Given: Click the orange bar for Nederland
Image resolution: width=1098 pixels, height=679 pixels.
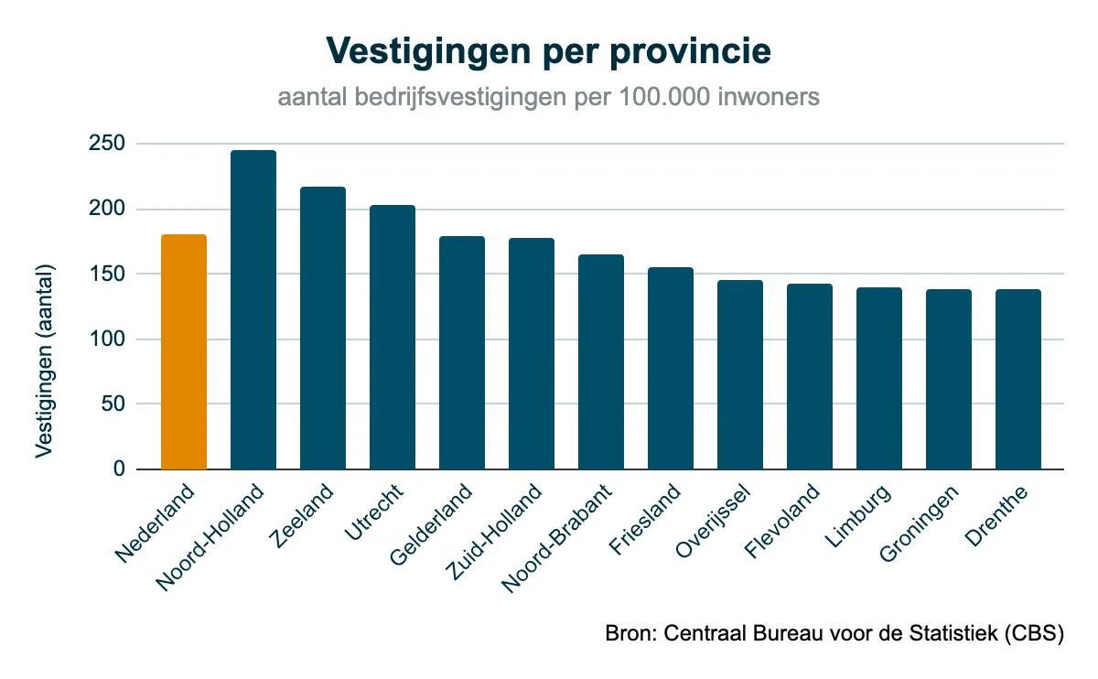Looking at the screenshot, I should tap(184, 352).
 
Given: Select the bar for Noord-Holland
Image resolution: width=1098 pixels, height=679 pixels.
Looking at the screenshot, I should tap(253, 310).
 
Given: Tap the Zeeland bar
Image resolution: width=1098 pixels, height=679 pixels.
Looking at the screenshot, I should tap(323, 329).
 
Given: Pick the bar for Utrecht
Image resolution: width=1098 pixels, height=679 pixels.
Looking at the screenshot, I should tap(393, 338).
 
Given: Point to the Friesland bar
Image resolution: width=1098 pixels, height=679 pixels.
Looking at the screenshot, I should tap(671, 369).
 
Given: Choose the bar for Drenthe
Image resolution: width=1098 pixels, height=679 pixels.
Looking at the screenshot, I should tap(1018, 380).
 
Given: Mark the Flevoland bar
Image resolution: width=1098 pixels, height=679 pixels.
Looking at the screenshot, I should tap(810, 377).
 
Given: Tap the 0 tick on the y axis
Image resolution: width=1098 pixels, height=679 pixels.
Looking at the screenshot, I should tap(118, 469).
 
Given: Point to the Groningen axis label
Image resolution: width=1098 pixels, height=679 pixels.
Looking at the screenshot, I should tap(920, 523).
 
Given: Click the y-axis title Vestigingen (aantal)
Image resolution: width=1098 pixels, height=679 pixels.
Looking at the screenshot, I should tap(45, 361).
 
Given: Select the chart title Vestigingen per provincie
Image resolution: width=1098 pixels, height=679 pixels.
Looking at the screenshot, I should tap(549, 51).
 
